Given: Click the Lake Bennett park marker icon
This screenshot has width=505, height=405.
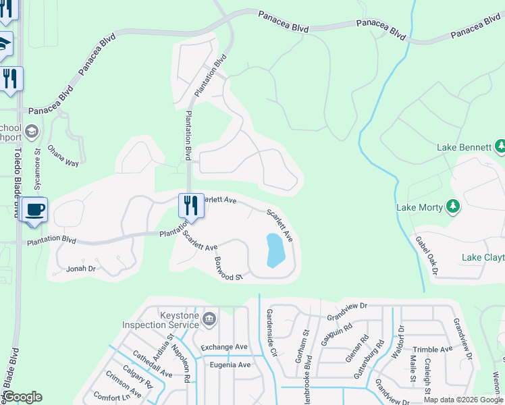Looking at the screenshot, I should [x=500, y=146].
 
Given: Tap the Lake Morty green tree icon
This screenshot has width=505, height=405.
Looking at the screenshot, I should [x=453, y=207].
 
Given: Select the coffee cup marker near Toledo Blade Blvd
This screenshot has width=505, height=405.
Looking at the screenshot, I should [x=34, y=209].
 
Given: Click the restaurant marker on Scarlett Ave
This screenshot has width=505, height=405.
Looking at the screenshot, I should [x=191, y=206].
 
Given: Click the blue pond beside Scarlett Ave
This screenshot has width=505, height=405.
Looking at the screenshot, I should [x=275, y=250].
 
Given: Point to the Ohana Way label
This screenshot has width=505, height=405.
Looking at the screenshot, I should [x=63, y=163].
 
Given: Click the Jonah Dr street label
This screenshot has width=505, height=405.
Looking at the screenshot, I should [x=81, y=269].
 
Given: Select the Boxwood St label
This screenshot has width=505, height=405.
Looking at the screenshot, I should [x=228, y=267].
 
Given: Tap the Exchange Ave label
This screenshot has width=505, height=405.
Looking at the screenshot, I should [x=224, y=347].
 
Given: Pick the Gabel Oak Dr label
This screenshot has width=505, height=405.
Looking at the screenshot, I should [x=427, y=256].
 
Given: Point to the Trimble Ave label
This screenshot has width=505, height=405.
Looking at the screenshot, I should [x=432, y=349].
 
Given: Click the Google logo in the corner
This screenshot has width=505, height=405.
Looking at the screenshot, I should [x=22, y=397].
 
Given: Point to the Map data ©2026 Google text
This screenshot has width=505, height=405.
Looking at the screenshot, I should [x=463, y=400].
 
